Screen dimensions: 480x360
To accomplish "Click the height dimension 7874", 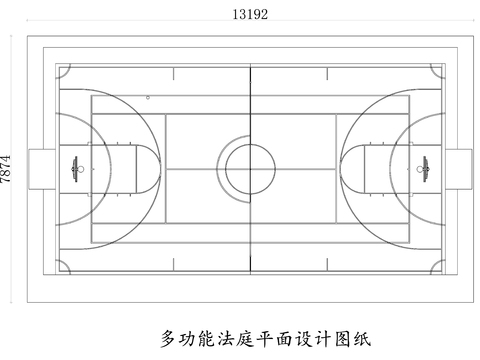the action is pyautogui.click(x=8, y=168).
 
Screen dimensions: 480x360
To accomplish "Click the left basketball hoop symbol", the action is pyautogui.click(x=76, y=164).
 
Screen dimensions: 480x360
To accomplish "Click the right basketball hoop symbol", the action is pyautogui.click(x=421, y=164).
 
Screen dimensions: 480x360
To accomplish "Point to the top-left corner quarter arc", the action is pyautogui.click(x=62, y=72).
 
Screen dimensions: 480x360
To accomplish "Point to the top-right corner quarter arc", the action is pyautogui.click(x=437, y=72).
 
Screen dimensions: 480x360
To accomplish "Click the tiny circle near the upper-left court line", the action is pyautogui.click(x=148, y=98).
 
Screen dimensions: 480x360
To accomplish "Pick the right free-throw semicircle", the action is pyautogui.click(x=345, y=164).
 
